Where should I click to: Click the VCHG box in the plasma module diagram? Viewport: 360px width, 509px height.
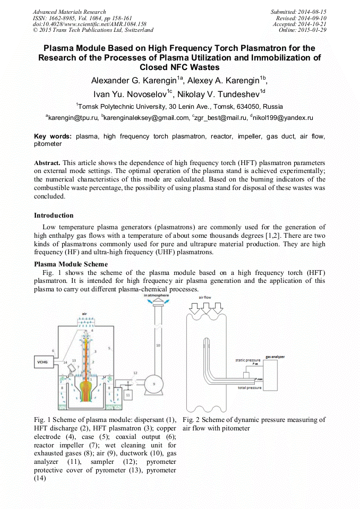click(43, 363)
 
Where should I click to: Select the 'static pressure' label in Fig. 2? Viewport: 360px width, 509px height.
click(246, 360)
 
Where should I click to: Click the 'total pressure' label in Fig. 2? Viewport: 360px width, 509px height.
click(249, 388)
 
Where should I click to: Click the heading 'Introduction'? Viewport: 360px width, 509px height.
click(54, 215)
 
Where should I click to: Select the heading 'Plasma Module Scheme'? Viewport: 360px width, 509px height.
click(71, 264)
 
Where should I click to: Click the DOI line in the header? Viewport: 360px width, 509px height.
click(89, 24)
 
